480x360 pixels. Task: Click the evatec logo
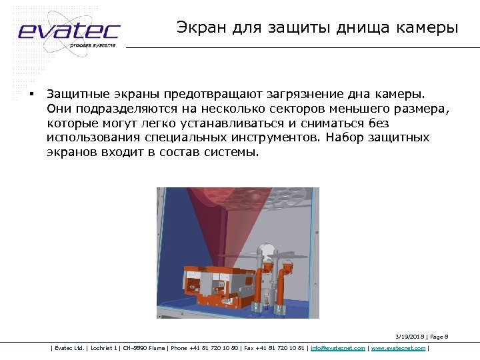tap(68, 31)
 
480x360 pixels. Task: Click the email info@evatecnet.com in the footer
tap(338, 348)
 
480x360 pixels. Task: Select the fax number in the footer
tap(274, 348)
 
